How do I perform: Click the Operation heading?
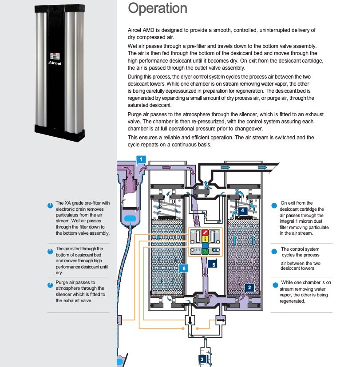(x=157, y=8)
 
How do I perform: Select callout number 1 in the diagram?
(x=141, y=159)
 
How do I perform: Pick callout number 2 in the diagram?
(x=249, y=288)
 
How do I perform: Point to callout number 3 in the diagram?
(x=202, y=359)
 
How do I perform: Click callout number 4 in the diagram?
(x=242, y=211)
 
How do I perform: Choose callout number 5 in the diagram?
(x=214, y=264)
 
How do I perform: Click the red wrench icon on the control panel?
(x=205, y=232)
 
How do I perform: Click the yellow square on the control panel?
(x=205, y=239)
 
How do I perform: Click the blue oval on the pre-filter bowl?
(x=131, y=218)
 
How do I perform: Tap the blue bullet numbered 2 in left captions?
(x=50, y=252)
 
